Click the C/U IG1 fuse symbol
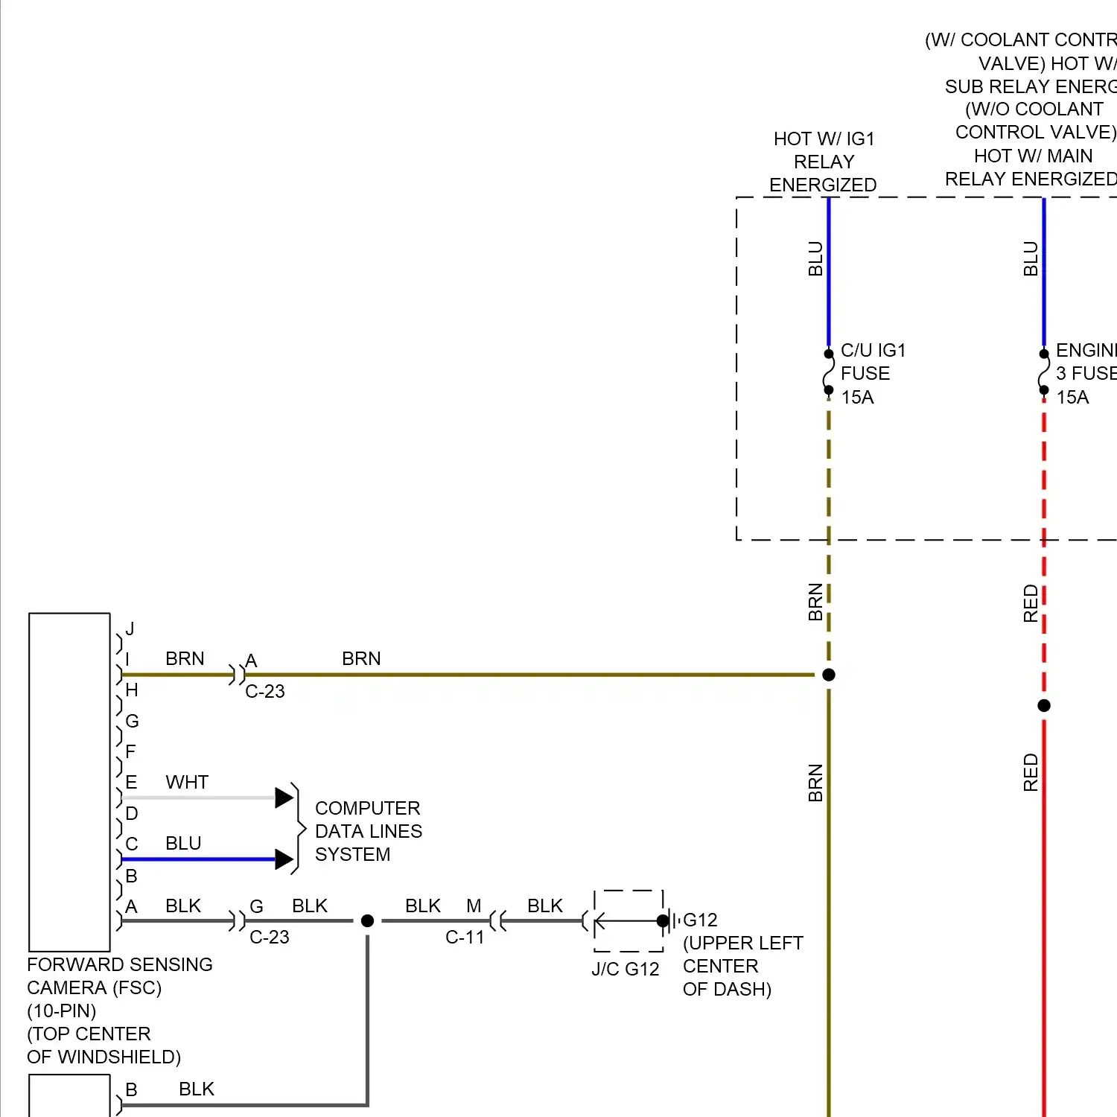[828, 372]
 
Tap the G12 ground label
[700, 920]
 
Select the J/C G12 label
[626, 969]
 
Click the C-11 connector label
[465, 937]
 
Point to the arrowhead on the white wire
[284, 798]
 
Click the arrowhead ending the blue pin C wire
[284, 859]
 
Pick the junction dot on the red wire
[1044, 705]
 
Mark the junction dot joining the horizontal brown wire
[829, 675]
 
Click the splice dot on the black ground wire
[367, 921]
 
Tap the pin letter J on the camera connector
[130, 629]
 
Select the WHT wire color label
[187, 782]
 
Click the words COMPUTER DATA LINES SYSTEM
[368, 831]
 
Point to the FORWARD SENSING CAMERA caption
[119, 976]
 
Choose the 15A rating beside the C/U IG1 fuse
[857, 397]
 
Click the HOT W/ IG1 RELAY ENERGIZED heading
[823, 162]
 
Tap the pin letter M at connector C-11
[474, 906]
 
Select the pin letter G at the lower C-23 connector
[257, 906]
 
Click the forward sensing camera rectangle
[69, 782]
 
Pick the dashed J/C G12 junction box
[628, 920]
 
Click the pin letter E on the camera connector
[131, 782]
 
